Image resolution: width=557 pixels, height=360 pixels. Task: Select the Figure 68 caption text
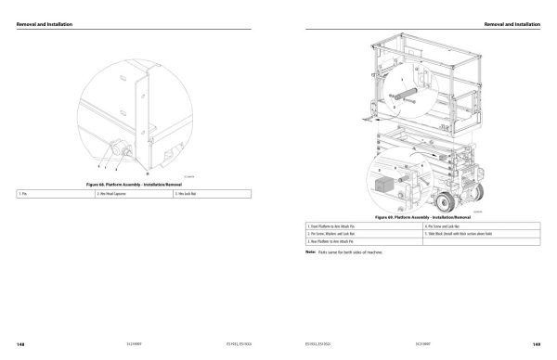134,186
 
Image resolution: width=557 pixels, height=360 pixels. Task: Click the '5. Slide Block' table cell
464,233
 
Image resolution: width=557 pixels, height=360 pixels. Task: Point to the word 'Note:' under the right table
310,251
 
